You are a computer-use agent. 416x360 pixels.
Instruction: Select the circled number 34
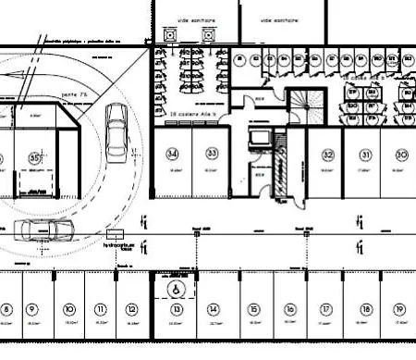[172, 153]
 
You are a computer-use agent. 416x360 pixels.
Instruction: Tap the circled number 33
[212, 153]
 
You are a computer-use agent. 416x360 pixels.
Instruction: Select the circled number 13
[175, 309]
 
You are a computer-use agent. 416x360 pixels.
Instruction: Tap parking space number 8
[6, 309]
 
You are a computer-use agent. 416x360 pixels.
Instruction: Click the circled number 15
[252, 309]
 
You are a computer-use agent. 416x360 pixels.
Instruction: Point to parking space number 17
[325, 309]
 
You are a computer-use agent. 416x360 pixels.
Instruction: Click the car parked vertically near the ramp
[117, 129]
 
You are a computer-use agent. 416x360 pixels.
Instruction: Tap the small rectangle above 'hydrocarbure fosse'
[115, 234]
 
